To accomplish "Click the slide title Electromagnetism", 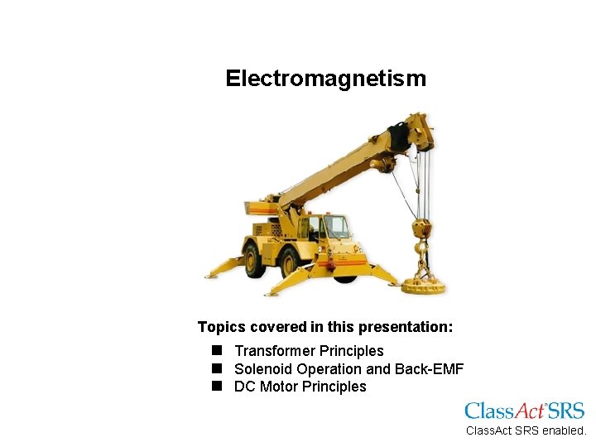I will tap(325, 79).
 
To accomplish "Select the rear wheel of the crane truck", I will tap(254, 259).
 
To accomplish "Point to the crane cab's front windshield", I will tap(336, 226).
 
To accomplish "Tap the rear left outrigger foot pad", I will tap(216, 273).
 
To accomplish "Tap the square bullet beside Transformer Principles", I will tap(217, 351).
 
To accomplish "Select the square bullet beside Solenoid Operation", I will tap(217, 368).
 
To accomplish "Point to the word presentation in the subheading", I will tap(406, 327).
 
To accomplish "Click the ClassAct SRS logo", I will tap(524, 411).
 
